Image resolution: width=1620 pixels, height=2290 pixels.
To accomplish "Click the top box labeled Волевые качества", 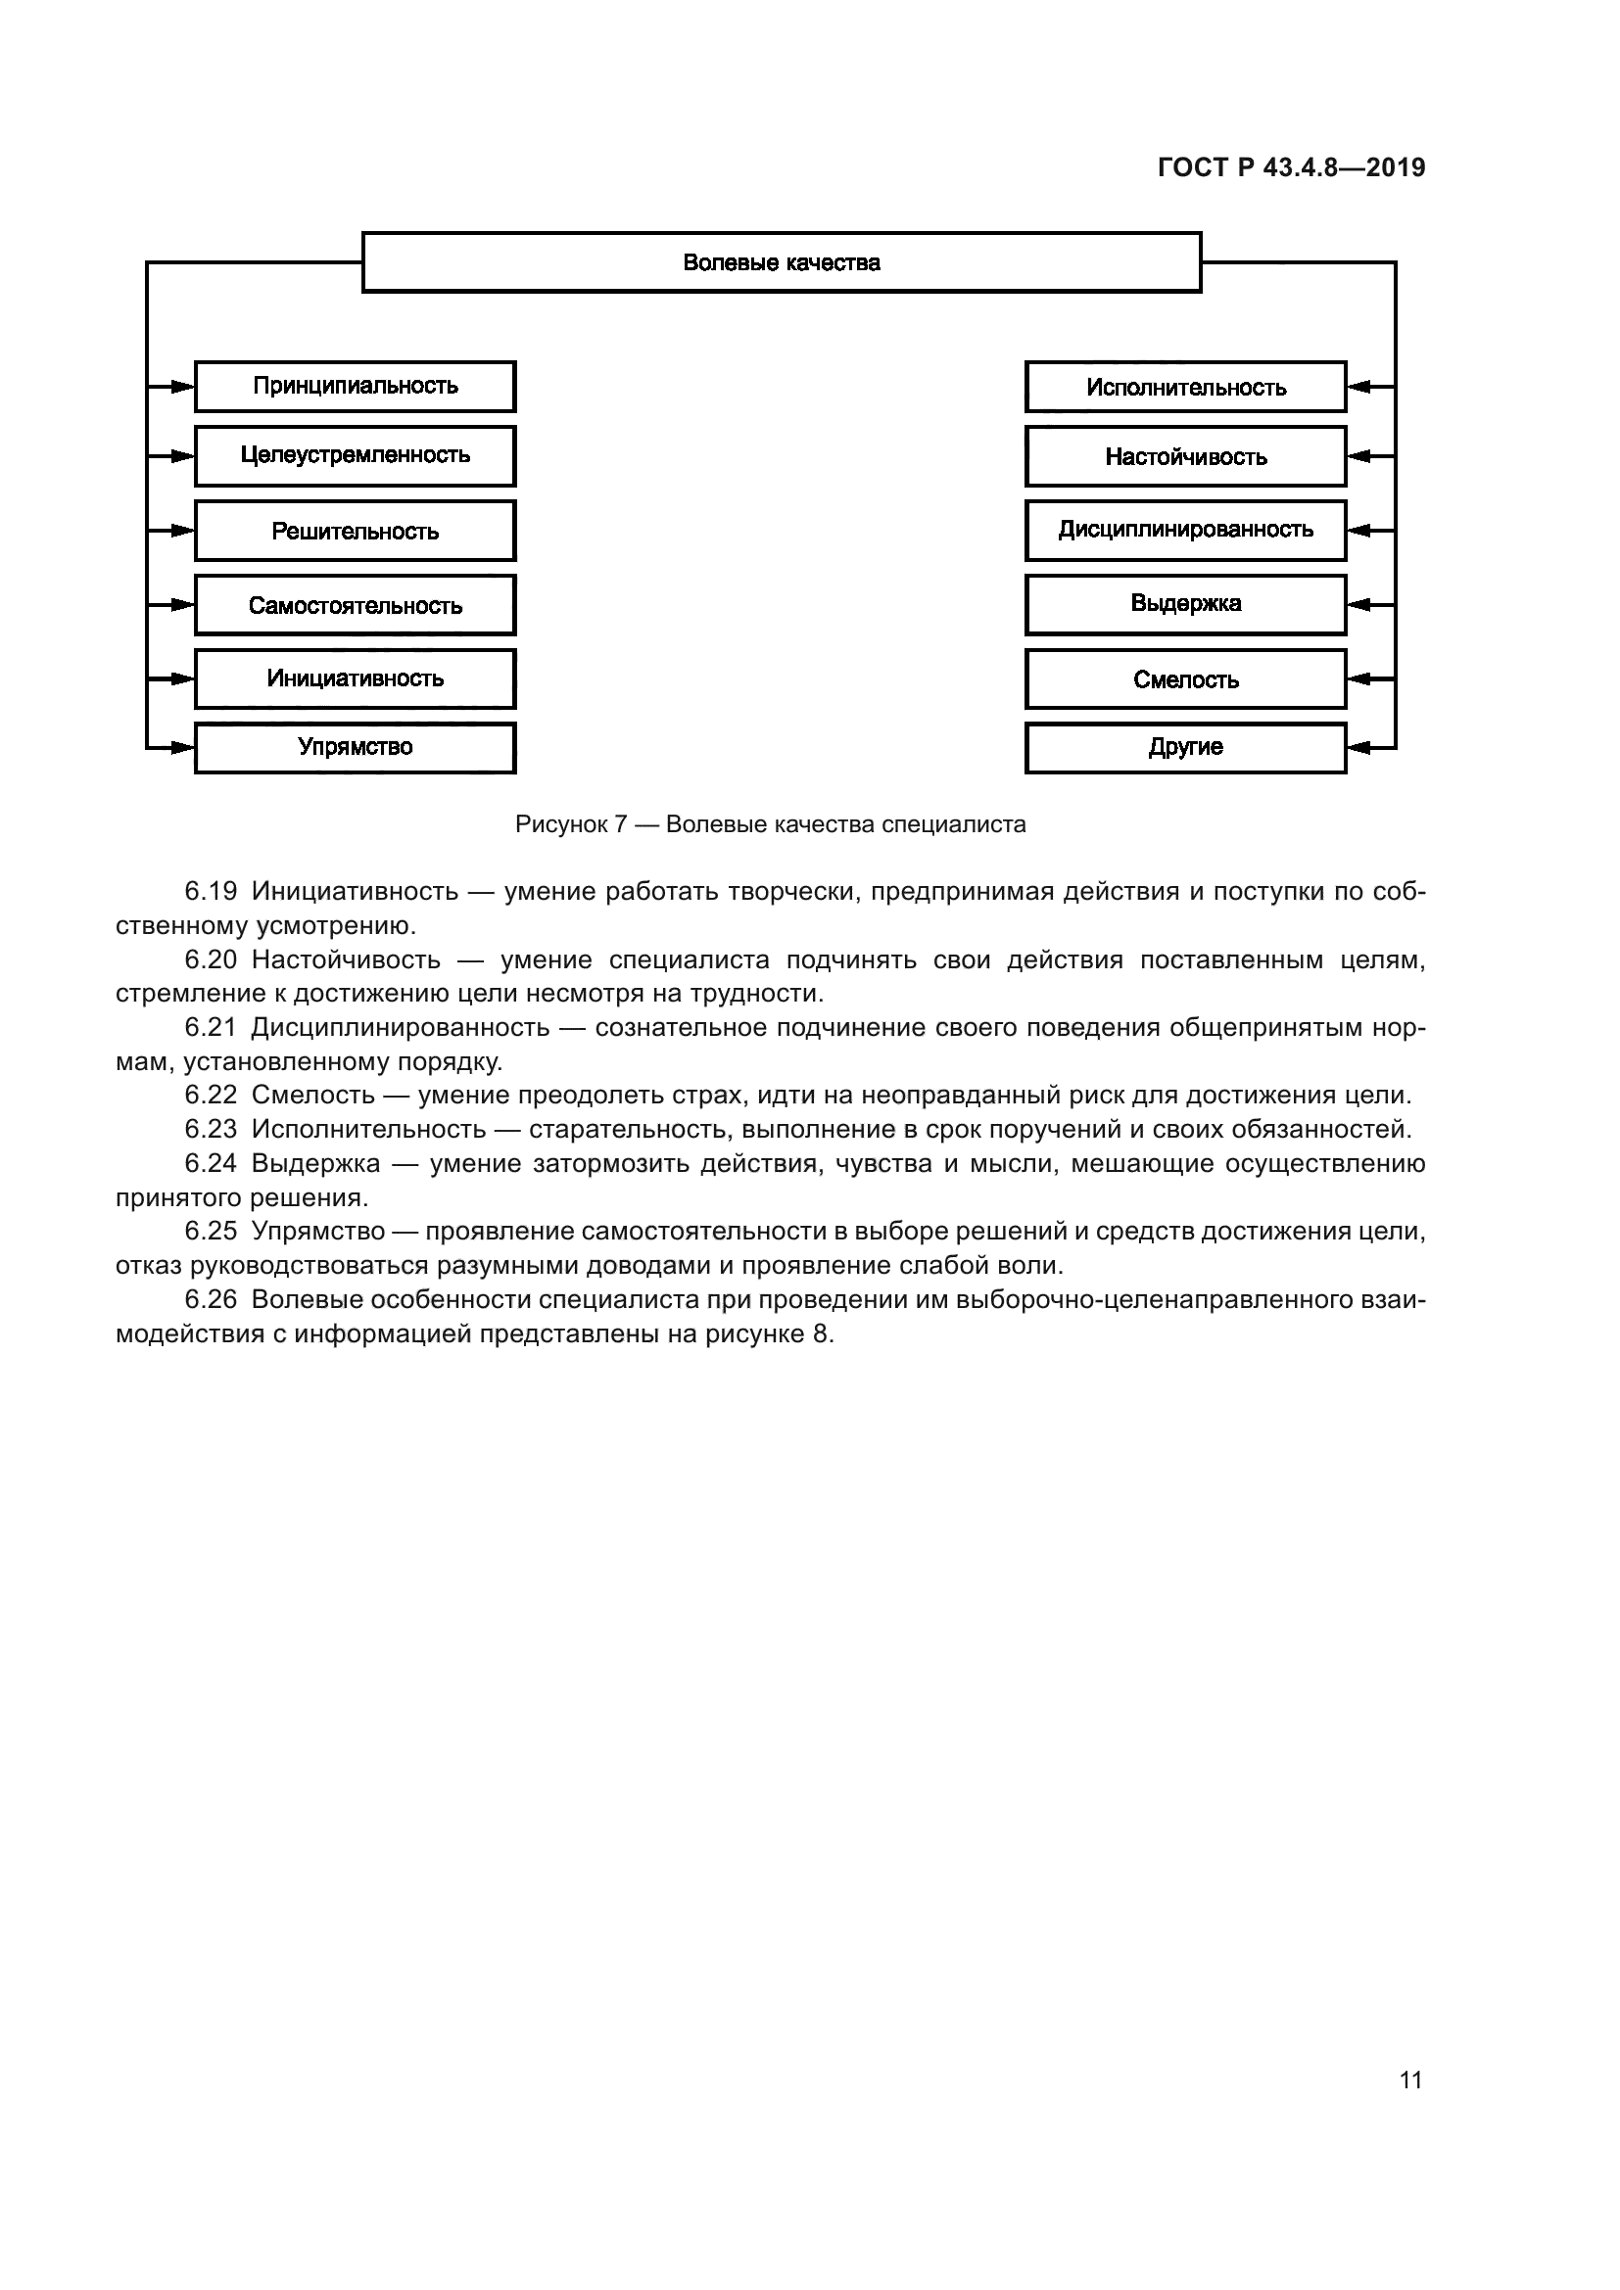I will click(781, 262).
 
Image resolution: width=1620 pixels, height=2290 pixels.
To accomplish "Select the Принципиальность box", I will click(356, 386).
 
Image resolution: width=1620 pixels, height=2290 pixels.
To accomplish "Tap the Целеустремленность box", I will click(356, 456).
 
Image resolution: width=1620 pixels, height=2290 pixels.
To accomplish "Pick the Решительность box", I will click(356, 531).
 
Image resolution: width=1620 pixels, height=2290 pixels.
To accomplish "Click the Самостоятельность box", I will click(356, 605).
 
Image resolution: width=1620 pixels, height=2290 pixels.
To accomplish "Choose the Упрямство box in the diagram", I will click(356, 747).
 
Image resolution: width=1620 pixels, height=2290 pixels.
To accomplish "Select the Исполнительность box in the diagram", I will click(1185, 387).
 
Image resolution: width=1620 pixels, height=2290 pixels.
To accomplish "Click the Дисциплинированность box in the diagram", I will click(1185, 530).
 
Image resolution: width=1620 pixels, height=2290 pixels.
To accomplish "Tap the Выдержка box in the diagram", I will click(1185, 603).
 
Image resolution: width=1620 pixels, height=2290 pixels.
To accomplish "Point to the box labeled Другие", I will click(1185, 747).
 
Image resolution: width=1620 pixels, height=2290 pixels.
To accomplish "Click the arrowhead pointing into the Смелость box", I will click(1358, 679).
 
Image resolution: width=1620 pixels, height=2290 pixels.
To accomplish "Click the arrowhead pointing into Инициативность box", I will click(181, 679).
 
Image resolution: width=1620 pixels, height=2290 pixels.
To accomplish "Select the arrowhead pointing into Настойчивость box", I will click(1358, 456).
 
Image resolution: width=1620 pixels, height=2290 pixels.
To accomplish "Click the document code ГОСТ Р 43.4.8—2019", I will click(1291, 167).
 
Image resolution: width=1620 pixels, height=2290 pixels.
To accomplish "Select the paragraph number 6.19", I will click(211, 892).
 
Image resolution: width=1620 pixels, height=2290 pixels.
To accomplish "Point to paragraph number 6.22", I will click(211, 1096).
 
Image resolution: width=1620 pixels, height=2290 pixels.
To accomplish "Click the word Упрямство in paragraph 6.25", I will click(317, 1231).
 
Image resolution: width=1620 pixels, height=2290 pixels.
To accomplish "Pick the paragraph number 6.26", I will click(211, 1299).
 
